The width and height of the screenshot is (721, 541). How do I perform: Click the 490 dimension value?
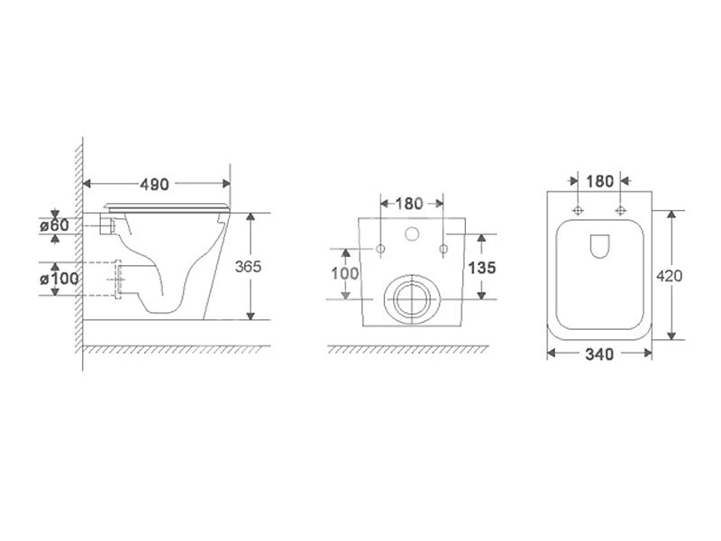(154, 185)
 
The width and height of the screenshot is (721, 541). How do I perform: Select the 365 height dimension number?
(248, 266)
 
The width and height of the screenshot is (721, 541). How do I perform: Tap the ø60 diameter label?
(54, 225)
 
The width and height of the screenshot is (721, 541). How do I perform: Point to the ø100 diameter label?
(59, 279)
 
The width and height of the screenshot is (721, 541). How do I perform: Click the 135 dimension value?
(481, 267)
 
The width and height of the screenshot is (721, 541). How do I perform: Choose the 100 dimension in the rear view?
(345, 273)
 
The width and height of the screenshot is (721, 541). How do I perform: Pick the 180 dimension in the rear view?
(409, 204)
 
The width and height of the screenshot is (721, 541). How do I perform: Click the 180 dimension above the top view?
(599, 181)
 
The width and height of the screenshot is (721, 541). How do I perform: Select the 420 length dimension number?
(669, 276)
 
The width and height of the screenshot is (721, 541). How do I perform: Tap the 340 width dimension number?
(599, 354)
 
